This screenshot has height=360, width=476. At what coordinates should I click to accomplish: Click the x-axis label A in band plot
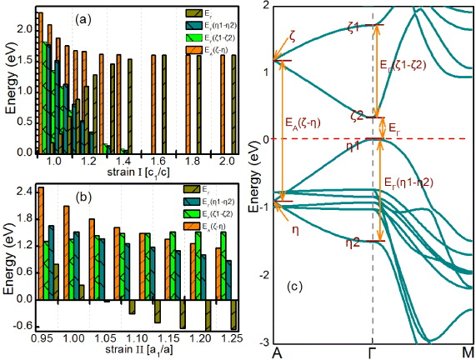(x=276, y=352)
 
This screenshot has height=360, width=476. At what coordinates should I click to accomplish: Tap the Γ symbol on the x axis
(x=371, y=352)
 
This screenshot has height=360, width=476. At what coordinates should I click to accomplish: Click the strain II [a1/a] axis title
(x=130, y=353)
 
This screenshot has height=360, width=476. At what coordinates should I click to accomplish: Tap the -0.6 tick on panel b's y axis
(x=22, y=326)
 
